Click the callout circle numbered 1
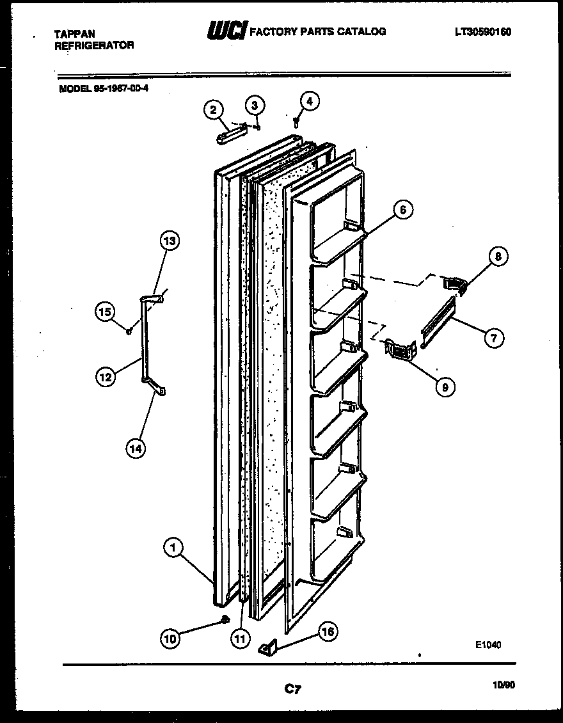tap(173, 548)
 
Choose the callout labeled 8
tap(498, 257)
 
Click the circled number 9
tap(445, 386)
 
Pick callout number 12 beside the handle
tap(106, 377)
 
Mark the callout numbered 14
tap(134, 448)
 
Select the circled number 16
tap(327, 632)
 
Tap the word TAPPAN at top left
tap(75, 34)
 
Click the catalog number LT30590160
tap(483, 32)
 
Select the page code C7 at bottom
tap(292, 689)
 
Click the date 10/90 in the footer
tap(504, 685)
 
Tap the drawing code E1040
tap(488, 645)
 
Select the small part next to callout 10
tap(225, 619)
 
